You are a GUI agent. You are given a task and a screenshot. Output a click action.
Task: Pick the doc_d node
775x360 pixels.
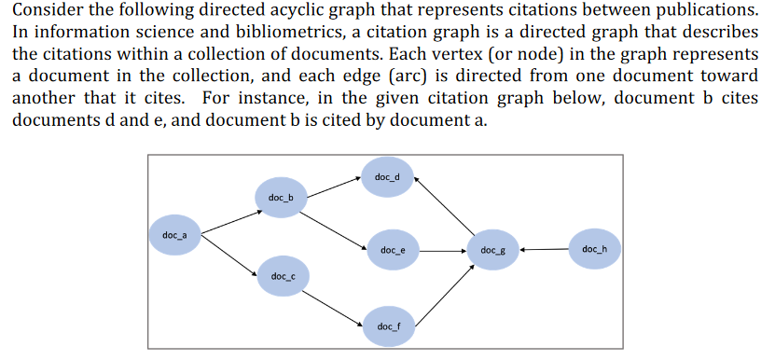[x=387, y=177]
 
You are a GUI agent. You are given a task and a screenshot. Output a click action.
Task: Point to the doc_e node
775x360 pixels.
[x=393, y=250]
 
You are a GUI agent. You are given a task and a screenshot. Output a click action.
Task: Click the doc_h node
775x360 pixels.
[x=594, y=249]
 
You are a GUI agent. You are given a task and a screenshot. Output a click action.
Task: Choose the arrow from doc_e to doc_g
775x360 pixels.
[x=443, y=250]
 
